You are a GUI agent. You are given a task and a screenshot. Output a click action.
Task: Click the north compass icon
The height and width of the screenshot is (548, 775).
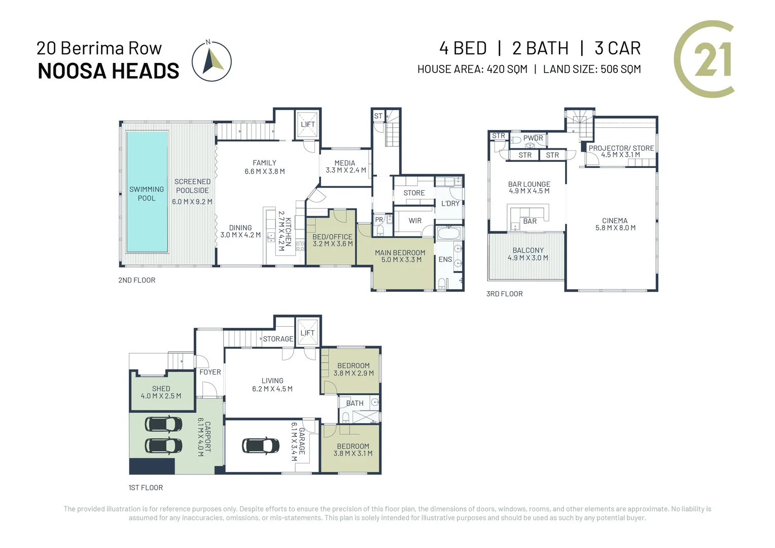212,61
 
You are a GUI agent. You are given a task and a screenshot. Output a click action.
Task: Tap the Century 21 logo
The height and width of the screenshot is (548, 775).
706,59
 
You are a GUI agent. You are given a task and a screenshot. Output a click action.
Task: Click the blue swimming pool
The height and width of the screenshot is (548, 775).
147,192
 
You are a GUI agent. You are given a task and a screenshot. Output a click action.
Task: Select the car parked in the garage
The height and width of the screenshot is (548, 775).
261,445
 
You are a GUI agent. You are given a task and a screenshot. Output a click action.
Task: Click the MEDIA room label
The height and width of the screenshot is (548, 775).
345,163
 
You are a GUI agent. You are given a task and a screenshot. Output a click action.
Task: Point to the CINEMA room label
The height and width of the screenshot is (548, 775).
615,221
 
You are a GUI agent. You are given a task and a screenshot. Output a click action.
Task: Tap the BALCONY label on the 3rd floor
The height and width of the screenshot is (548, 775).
528,250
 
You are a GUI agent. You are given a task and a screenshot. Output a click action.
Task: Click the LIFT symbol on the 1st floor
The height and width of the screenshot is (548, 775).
307,333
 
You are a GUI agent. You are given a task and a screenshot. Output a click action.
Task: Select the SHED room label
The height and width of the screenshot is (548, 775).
161,389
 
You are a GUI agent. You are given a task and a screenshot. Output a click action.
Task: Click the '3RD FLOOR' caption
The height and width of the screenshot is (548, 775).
504,294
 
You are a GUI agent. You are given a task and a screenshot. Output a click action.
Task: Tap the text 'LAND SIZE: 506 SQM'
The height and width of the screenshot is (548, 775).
591,69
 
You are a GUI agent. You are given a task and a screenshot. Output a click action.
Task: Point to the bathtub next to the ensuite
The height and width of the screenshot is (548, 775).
448,234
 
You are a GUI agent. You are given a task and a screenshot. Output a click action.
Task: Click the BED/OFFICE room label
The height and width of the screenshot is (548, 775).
332,237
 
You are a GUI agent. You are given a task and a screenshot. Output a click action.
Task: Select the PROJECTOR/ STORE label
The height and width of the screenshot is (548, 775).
621,148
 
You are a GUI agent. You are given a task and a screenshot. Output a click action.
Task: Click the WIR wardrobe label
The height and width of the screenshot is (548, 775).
415,221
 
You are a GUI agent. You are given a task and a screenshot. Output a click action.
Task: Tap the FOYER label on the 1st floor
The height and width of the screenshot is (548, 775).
210,372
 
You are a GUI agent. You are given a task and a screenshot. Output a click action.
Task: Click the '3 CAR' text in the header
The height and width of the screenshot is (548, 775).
617,48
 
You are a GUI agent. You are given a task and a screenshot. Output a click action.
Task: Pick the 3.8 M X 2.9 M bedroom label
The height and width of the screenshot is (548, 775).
354,369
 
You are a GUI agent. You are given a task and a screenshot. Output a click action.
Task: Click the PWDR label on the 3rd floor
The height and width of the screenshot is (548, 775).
533,138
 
